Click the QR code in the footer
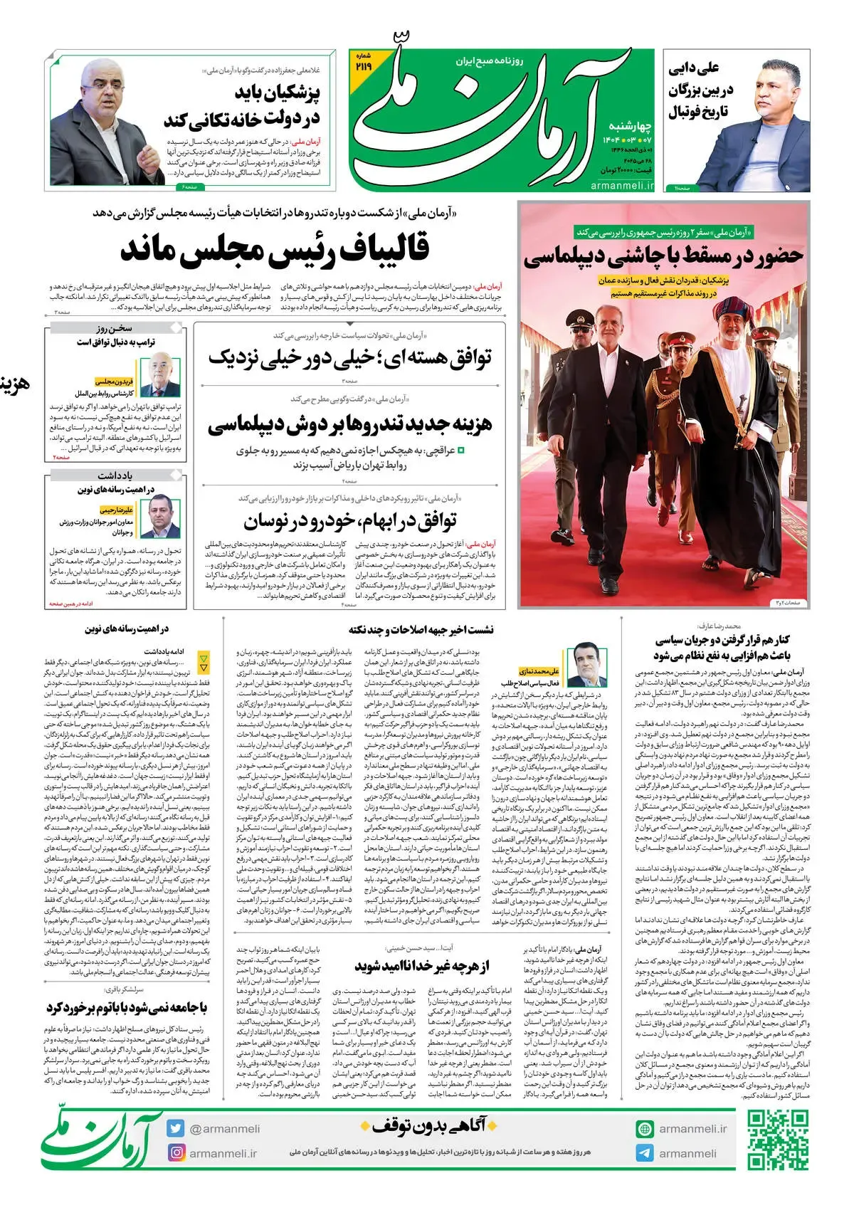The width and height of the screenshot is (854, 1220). [777, 1140]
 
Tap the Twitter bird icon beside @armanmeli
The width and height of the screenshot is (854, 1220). [176, 1128]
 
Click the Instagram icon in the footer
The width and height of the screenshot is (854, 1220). [176, 1152]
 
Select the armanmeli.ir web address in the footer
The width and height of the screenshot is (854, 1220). [692, 1128]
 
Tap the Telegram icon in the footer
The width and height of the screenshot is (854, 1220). [645, 1153]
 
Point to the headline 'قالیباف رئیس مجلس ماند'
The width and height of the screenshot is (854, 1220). [275, 248]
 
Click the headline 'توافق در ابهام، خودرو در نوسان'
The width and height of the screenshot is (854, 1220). [349, 521]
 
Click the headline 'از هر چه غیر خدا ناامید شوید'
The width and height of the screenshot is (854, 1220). [422, 966]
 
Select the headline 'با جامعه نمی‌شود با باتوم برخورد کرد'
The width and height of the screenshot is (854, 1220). [127, 1008]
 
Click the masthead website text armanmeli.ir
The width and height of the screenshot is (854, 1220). [621, 185]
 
